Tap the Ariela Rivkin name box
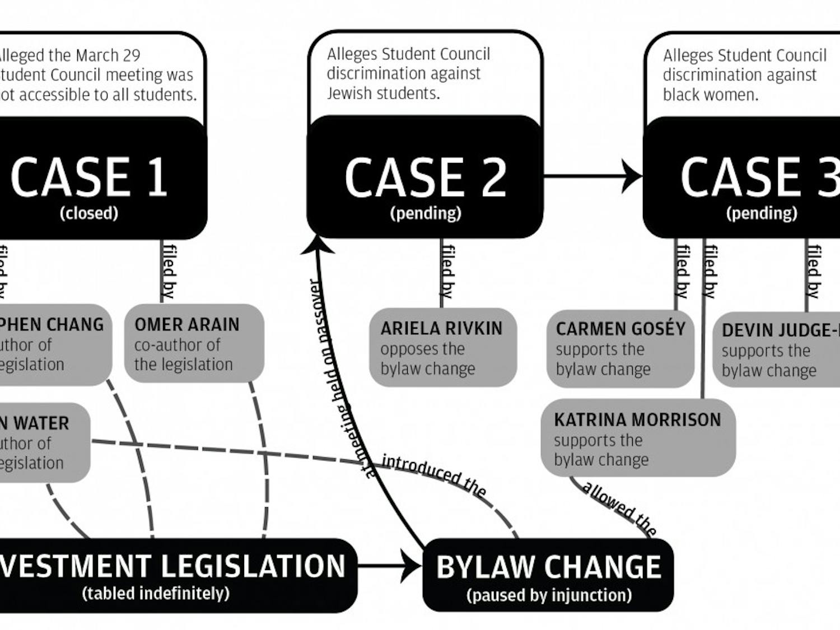click(x=442, y=347)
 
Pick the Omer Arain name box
click(x=193, y=343)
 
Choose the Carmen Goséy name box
click(x=620, y=348)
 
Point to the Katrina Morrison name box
click(x=637, y=438)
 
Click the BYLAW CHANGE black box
click(x=548, y=575)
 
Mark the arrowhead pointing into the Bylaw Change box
click(x=413, y=567)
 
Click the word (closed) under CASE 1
click(x=89, y=213)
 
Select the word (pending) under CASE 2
click(x=426, y=213)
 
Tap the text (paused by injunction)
click(x=549, y=595)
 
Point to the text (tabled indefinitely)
click(x=156, y=593)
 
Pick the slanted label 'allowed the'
click(x=619, y=506)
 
